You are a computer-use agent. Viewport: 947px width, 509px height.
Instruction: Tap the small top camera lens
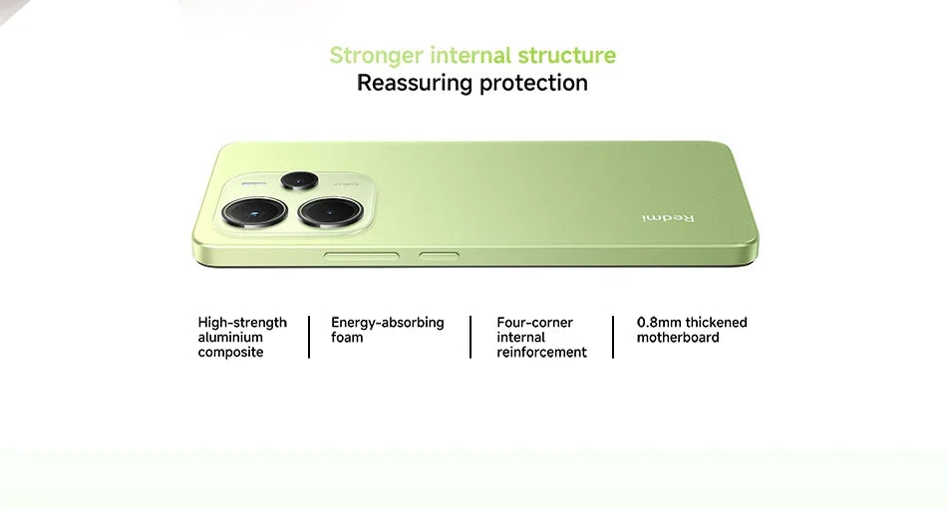click(298, 180)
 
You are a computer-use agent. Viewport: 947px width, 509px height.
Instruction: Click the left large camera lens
click(254, 211)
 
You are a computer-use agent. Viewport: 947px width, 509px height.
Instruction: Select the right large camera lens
click(330, 211)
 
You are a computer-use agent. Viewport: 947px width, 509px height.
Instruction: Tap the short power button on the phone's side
click(439, 256)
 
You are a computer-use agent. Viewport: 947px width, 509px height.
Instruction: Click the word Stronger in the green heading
click(377, 56)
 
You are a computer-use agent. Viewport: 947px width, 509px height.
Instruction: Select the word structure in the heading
click(566, 56)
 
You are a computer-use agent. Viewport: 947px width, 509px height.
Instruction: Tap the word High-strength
click(242, 323)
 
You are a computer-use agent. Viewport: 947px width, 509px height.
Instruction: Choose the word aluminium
click(230, 338)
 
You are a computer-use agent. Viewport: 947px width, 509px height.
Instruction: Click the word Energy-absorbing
click(387, 323)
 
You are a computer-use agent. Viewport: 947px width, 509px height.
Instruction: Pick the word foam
click(347, 338)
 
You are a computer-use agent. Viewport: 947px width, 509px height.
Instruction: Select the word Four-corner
click(534, 323)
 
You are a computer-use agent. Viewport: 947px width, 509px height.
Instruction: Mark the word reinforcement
click(541, 353)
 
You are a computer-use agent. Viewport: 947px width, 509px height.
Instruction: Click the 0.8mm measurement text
click(659, 323)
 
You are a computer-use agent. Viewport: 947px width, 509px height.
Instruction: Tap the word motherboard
click(678, 338)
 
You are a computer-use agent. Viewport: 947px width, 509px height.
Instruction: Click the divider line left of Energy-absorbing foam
click(309, 337)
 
